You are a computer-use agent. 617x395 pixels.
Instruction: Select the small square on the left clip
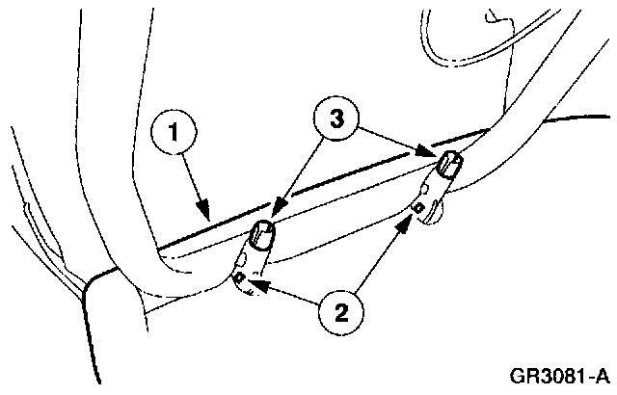[x=238, y=277]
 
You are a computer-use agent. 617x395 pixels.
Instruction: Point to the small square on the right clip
[x=418, y=206]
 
